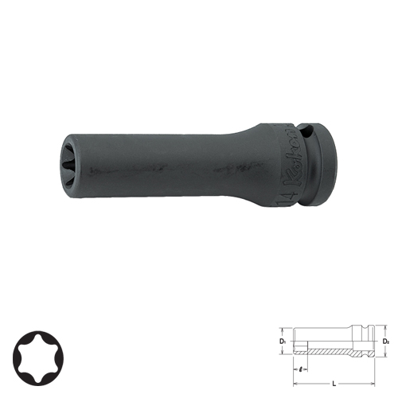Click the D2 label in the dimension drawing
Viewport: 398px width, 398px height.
[x=385, y=343]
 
